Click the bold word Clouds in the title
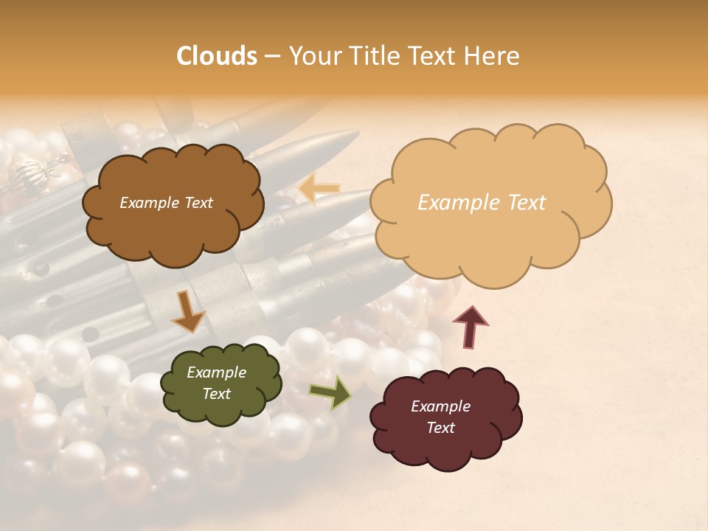click(x=217, y=56)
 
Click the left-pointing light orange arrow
click(x=319, y=189)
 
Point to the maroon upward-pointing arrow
click(x=471, y=327)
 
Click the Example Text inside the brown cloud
click(x=166, y=203)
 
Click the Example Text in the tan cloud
click(x=482, y=203)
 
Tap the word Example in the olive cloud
click(x=216, y=372)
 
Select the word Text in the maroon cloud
click(x=440, y=428)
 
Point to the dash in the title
click(x=271, y=57)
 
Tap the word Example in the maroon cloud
click(x=440, y=406)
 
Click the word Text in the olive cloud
click(x=216, y=394)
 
